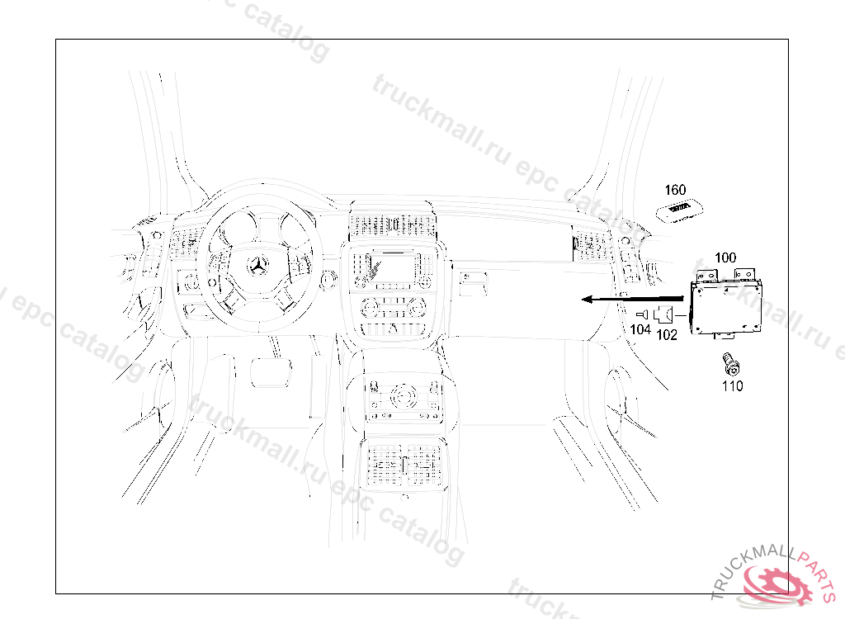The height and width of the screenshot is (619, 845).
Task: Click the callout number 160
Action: click(675, 190)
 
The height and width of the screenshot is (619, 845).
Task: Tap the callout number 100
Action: click(725, 258)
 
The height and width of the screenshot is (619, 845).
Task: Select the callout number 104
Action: click(640, 329)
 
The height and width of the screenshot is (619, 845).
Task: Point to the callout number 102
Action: click(667, 335)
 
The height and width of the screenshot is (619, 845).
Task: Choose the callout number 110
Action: click(733, 386)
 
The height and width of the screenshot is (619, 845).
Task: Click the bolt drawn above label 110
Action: click(731, 363)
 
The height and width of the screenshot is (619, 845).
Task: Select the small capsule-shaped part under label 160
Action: click(680, 210)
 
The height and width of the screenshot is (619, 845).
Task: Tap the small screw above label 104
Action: click(642, 314)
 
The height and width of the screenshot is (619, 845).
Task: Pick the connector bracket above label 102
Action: click(663, 314)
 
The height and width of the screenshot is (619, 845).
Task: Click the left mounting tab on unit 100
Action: click(706, 275)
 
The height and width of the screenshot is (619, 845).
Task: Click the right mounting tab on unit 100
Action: click(745, 274)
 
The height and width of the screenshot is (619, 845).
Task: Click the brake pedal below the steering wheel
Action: click(271, 371)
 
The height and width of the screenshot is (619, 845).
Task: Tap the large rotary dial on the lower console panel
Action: click(404, 396)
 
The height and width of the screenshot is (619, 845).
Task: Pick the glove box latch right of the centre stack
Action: click(472, 284)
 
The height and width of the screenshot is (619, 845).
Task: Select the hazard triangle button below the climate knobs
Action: click(393, 328)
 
